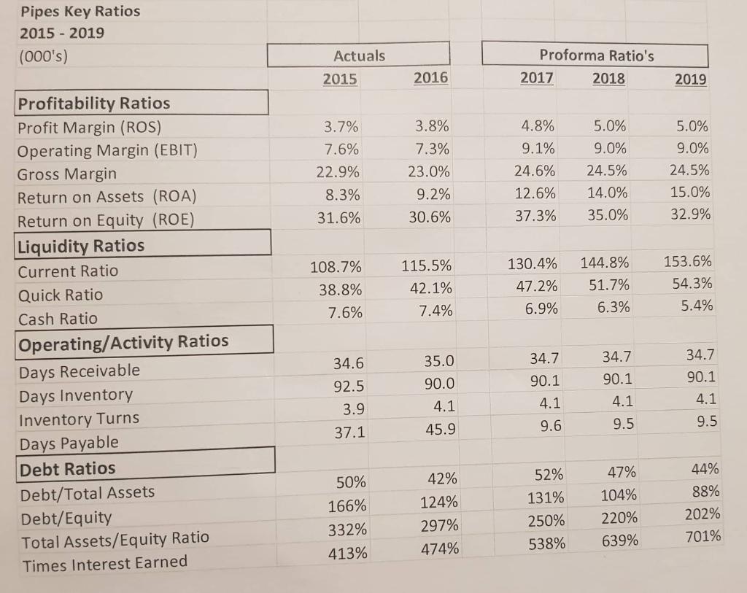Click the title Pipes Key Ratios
[x=70, y=12]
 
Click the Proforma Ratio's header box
[x=596, y=55]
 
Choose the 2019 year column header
[x=690, y=79]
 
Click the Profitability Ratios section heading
[x=93, y=103]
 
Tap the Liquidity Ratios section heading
[x=81, y=245]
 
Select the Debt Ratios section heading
[x=66, y=468]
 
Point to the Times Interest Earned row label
[x=105, y=562]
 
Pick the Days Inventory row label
[x=75, y=395]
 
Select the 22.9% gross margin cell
[x=341, y=174]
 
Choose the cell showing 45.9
[x=439, y=430]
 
